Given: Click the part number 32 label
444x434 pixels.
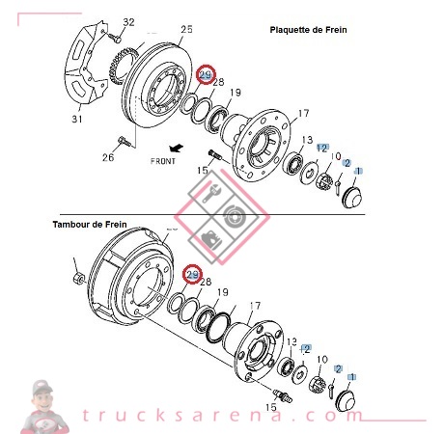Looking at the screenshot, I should [128, 22].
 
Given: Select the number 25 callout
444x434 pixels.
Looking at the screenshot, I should [186, 30].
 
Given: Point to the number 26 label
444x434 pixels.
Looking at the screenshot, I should [107, 157].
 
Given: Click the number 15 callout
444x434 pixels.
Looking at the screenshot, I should [203, 171].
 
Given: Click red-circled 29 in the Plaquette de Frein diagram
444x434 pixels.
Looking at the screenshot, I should [205, 75].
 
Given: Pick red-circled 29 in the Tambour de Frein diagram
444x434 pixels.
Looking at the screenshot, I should [192, 276].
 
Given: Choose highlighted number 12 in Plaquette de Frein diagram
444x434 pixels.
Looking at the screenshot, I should [322, 147].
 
